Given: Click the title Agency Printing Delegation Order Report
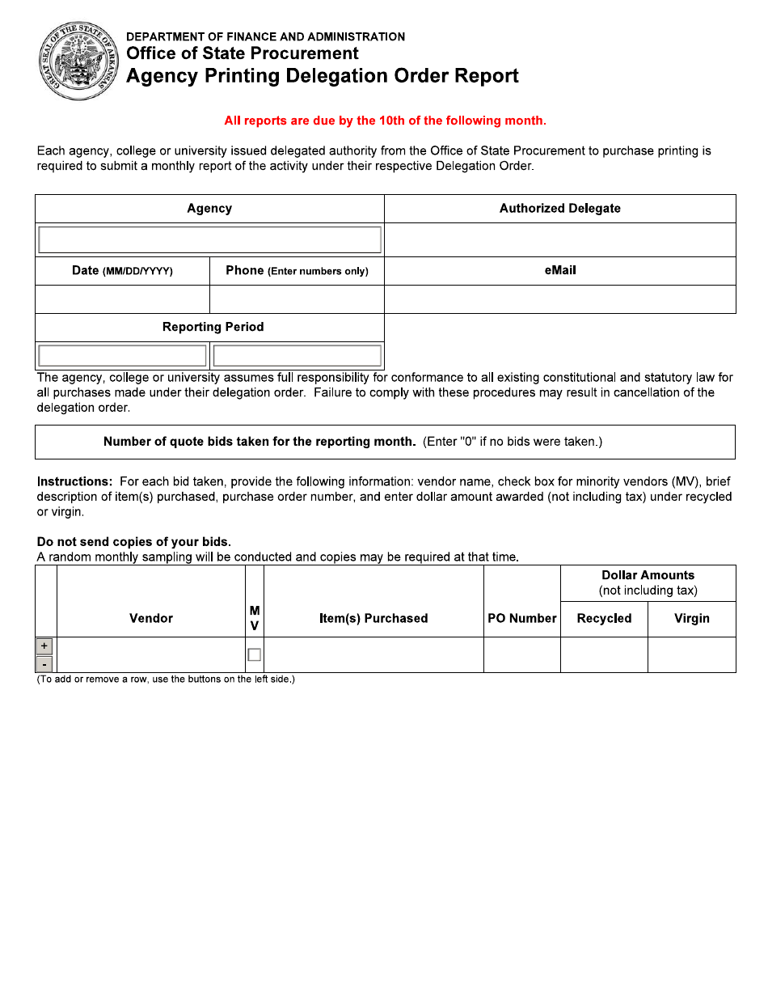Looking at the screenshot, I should (x=322, y=76).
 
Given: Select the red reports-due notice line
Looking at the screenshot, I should (x=385, y=121).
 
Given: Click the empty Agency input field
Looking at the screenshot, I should (x=209, y=240).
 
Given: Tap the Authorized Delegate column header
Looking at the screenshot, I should (x=559, y=209).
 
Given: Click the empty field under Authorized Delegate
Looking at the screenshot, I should (x=559, y=240).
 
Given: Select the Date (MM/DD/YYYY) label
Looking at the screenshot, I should (x=122, y=271).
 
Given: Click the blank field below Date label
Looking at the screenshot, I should (x=122, y=299).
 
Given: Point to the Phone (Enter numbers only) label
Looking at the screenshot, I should (x=297, y=271).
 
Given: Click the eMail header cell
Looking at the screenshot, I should (x=559, y=271).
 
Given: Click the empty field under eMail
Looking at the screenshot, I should (x=559, y=299).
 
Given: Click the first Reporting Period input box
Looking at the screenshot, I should (x=122, y=356).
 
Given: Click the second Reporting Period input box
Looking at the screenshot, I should (x=297, y=356).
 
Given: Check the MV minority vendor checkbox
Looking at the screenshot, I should (x=254, y=654).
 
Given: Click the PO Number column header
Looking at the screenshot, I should (x=521, y=618).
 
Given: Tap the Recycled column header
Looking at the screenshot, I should (x=604, y=618).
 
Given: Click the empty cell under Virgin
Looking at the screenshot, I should (x=691, y=654).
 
